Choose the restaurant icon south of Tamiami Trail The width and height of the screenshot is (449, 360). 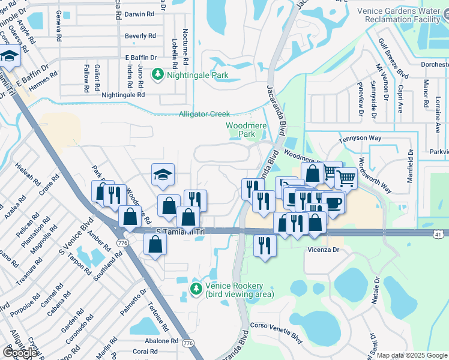[265, 244]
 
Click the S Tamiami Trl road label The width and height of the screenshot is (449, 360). [178, 231]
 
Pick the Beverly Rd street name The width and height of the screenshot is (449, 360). [140, 36]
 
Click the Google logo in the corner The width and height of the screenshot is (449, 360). [20, 352]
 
